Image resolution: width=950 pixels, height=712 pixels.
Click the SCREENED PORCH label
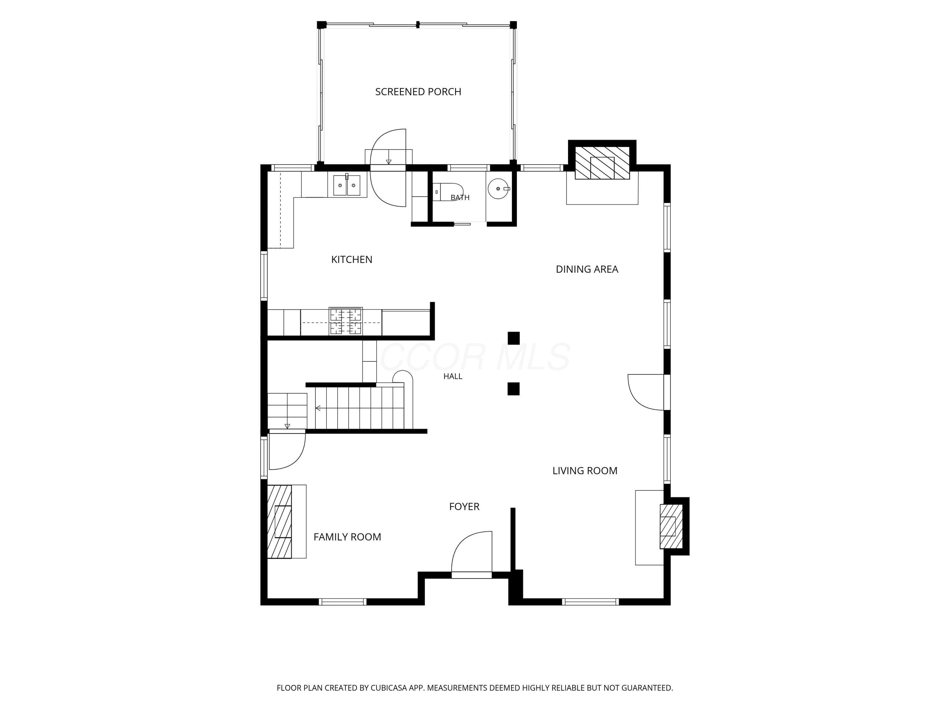(418, 91)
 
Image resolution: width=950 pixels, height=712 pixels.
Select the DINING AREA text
(587, 269)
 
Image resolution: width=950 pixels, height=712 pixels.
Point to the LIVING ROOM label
(585, 470)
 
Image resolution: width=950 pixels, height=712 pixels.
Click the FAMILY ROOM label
(347, 537)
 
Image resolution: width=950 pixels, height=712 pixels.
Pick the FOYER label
(464, 506)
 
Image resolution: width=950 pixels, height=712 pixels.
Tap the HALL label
(453, 376)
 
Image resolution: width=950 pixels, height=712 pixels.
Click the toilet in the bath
(447, 192)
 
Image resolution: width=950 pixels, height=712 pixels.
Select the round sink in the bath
(498, 189)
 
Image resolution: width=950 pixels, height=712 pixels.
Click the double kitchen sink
(346, 185)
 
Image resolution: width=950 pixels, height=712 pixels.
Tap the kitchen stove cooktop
(345, 321)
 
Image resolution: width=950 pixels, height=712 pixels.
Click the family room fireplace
(279, 522)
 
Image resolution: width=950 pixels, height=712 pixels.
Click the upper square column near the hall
(513, 338)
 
